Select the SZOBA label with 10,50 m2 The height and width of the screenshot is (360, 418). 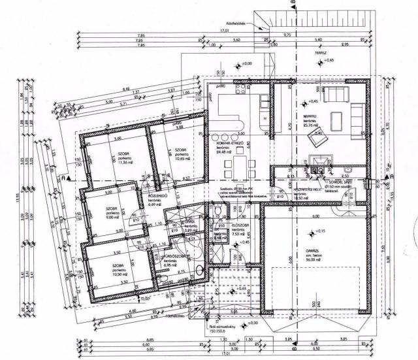(x=118, y=266)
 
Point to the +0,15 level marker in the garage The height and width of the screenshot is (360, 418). (x=318, y=231)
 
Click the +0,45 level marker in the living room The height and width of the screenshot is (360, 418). (x=312, y=101)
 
